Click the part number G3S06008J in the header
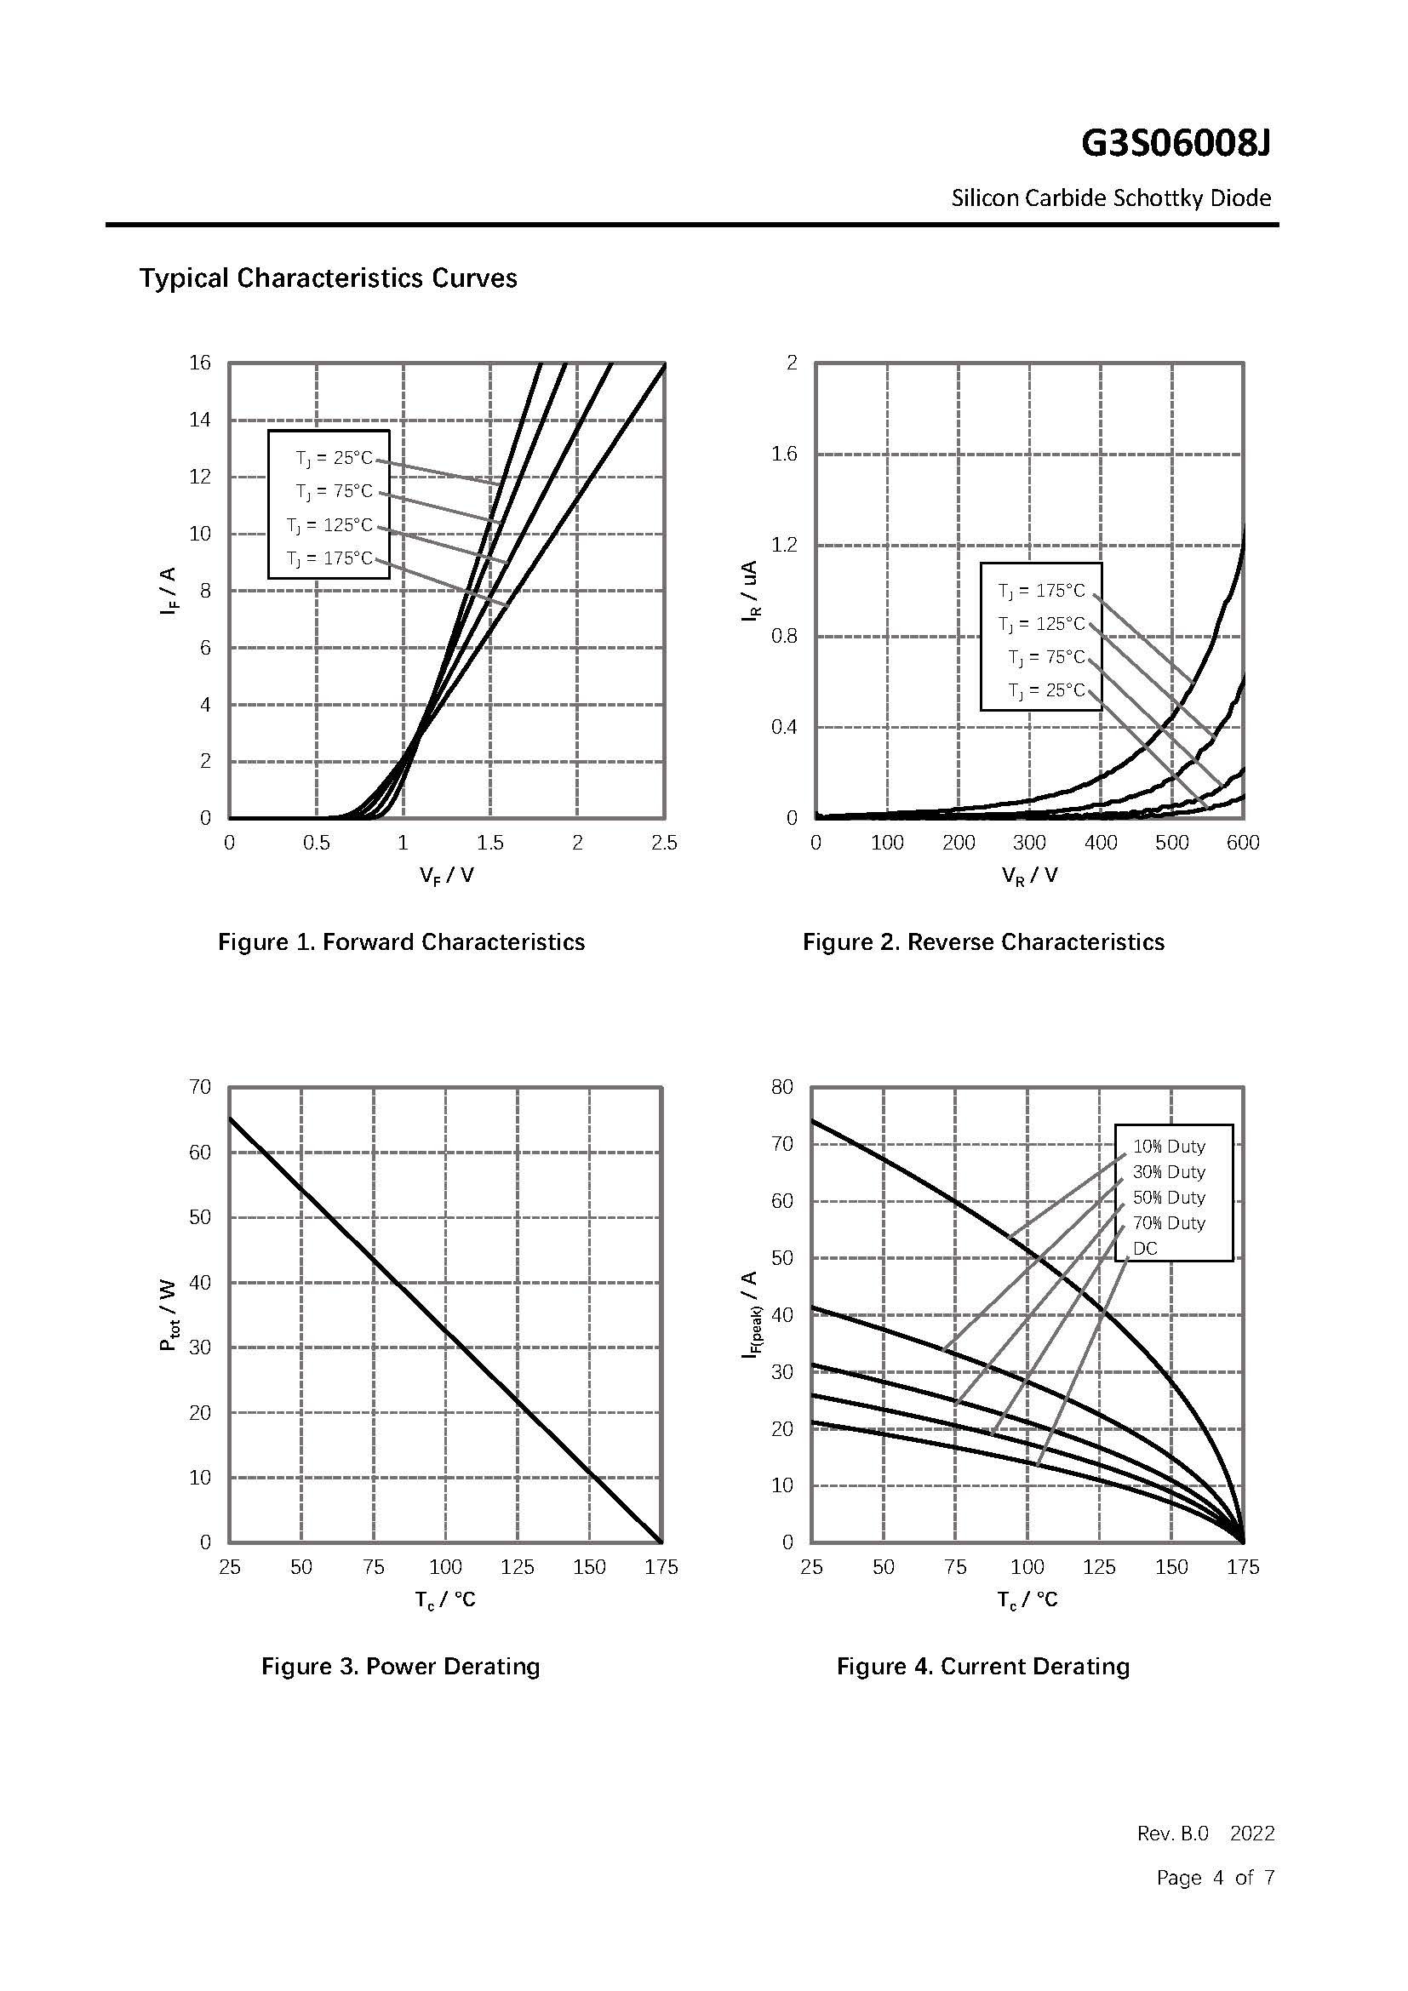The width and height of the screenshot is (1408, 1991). pos(1175,144)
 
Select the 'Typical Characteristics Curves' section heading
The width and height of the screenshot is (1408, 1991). pos(328,278)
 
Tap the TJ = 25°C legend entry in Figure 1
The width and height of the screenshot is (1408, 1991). pos(334,458)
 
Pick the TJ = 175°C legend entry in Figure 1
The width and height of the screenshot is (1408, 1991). pos(329,558)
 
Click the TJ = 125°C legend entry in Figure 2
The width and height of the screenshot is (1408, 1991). pos(1041,624)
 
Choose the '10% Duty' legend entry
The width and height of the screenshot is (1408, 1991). pos(1169,1147)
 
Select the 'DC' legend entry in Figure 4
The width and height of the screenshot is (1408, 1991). pos(1144,1249)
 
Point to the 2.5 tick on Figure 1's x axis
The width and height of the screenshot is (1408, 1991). pos(664,843)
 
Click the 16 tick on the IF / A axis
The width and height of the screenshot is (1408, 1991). pos(200,363)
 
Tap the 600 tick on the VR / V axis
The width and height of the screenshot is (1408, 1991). pos(1242,843)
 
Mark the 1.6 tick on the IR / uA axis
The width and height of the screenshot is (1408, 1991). pos(784,454)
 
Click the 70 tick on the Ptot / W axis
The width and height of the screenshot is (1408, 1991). pos(200,1087)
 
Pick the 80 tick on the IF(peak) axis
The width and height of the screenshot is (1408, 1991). pos(782,1087)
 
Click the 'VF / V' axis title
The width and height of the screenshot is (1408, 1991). pos(447,875)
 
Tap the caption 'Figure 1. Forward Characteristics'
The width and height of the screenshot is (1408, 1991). pos(402,941)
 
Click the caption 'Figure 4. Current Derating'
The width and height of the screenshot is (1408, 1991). pos(983,1667)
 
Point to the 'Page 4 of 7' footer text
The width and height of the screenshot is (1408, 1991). pos(1216,1878)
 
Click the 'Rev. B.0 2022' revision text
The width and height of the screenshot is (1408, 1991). pos(1206,1834)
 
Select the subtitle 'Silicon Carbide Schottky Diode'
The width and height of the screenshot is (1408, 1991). pos(1111,198)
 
